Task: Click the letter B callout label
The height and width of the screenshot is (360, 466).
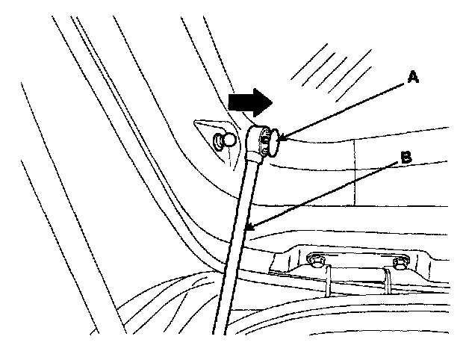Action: tap(405, 158)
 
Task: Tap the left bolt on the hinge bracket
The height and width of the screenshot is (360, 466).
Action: tap(317, 260)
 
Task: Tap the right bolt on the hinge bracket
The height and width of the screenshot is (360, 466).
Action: tap(400, 262)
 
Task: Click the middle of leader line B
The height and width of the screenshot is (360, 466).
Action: tap(321, 193)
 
